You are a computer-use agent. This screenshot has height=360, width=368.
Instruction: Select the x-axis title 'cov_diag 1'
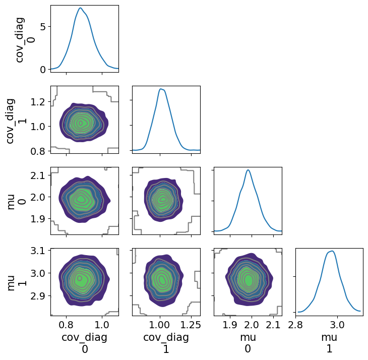[166, 343]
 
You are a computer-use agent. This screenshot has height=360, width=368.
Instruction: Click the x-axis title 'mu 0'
[248, 343]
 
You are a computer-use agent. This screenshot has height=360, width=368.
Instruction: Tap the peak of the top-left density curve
[80, 8]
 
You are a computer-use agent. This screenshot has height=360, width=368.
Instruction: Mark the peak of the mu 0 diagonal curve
[248, 170]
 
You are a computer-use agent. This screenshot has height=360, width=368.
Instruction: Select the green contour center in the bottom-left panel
[80, 278]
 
